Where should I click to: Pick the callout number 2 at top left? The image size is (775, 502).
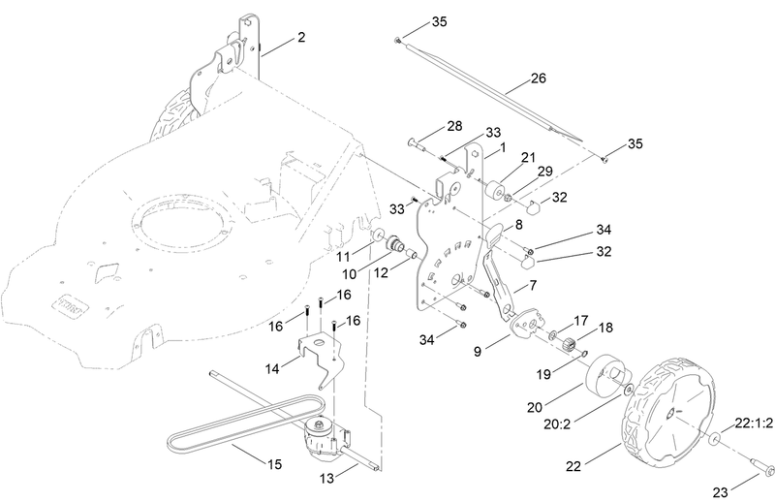coord(301,38)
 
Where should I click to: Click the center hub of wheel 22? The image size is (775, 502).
coord(669,411)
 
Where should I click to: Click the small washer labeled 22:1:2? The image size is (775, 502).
coord(713,441)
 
